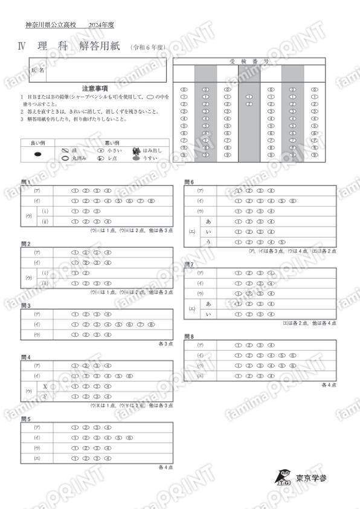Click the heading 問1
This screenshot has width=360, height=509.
tap(25, 181)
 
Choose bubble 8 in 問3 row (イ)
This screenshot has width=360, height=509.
tap(152, 325)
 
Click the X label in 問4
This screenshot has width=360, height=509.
tap(45, 386)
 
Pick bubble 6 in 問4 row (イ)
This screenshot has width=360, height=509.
tap(130, 376)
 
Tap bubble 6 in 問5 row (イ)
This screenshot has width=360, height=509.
tap(130, 437)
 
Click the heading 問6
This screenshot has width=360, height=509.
tap(188, 181)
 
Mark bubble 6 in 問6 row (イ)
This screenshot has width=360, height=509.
tap(293, 201)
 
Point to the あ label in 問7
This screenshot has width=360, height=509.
tap(209, 303)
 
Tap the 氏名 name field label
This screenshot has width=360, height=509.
tap(37, 71)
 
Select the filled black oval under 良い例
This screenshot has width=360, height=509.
tap(37, 154)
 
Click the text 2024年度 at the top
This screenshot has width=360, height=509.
tap(101, 25)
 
